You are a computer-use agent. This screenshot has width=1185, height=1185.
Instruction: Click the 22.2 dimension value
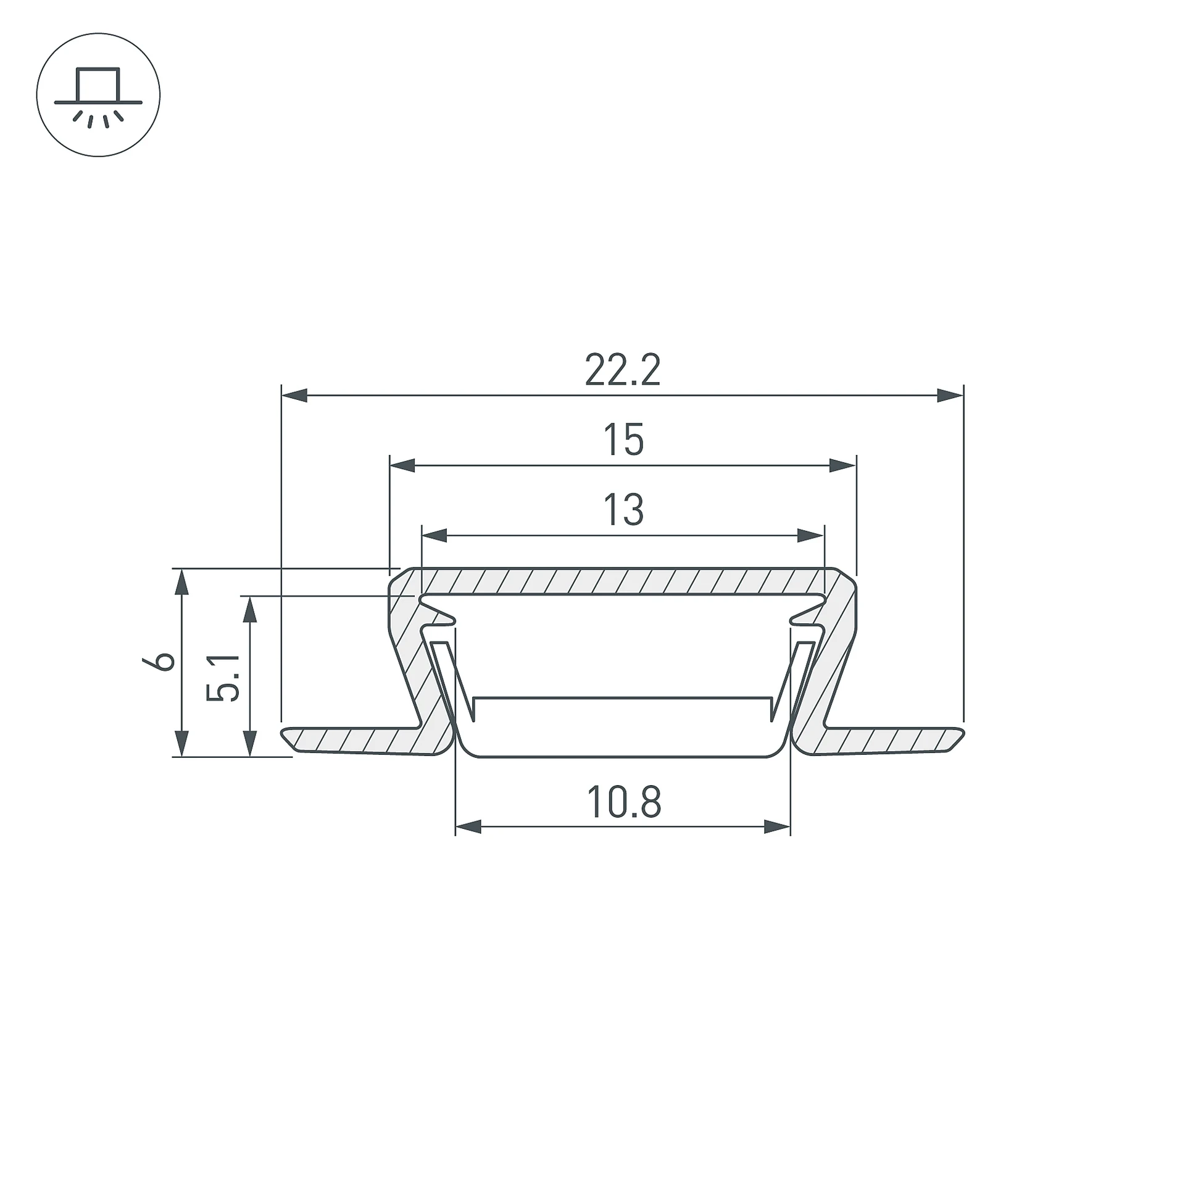(x=622, y=370)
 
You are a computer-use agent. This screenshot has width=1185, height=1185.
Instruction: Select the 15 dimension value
(x=623, y=439)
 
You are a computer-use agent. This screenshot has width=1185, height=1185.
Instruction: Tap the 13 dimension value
(x=623, y=509)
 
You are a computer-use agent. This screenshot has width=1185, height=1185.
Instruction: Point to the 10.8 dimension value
(x=623, y=802)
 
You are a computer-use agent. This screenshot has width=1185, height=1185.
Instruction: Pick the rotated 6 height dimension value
(x=159, y=662)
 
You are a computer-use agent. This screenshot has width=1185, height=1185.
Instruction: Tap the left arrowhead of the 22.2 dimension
(x=294, y=395)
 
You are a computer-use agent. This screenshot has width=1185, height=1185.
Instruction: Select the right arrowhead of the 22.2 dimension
(x=950, y=395)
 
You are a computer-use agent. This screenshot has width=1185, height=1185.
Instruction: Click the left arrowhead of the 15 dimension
(x=402, y=465)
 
